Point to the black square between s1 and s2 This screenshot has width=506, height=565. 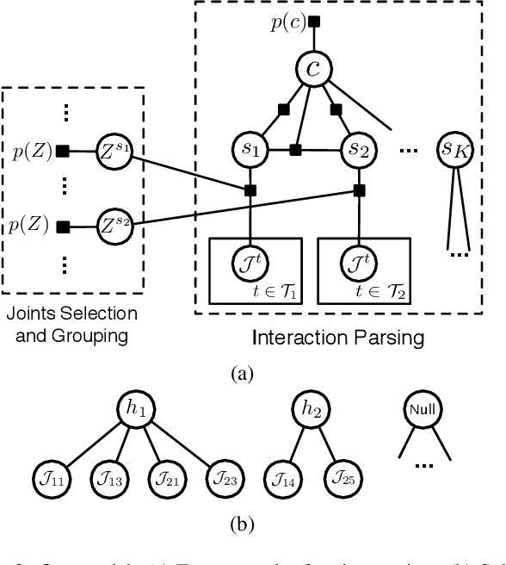pyautogui.click(x=295, y=150)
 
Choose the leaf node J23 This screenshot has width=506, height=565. pyautogui.click(x=222, y=479)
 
